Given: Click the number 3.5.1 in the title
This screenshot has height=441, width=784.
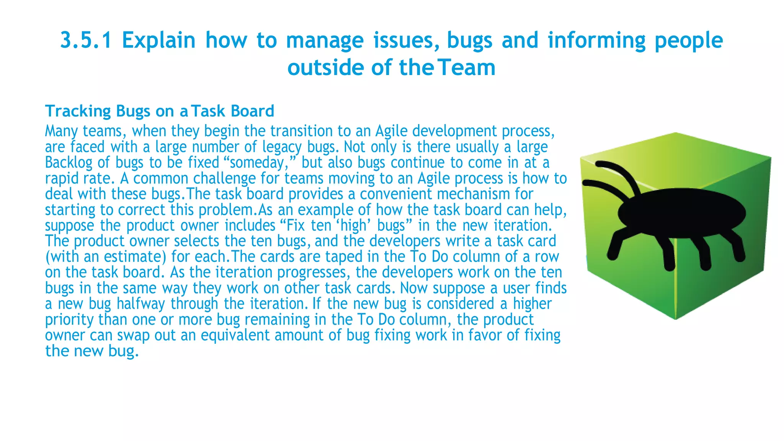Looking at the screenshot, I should [x=86, y=40].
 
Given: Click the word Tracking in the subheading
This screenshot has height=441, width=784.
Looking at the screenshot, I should [x=78, y=111].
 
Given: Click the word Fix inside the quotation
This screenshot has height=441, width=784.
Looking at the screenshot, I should [x=296, y=225].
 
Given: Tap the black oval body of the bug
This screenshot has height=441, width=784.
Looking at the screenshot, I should [x=682, y=212].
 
